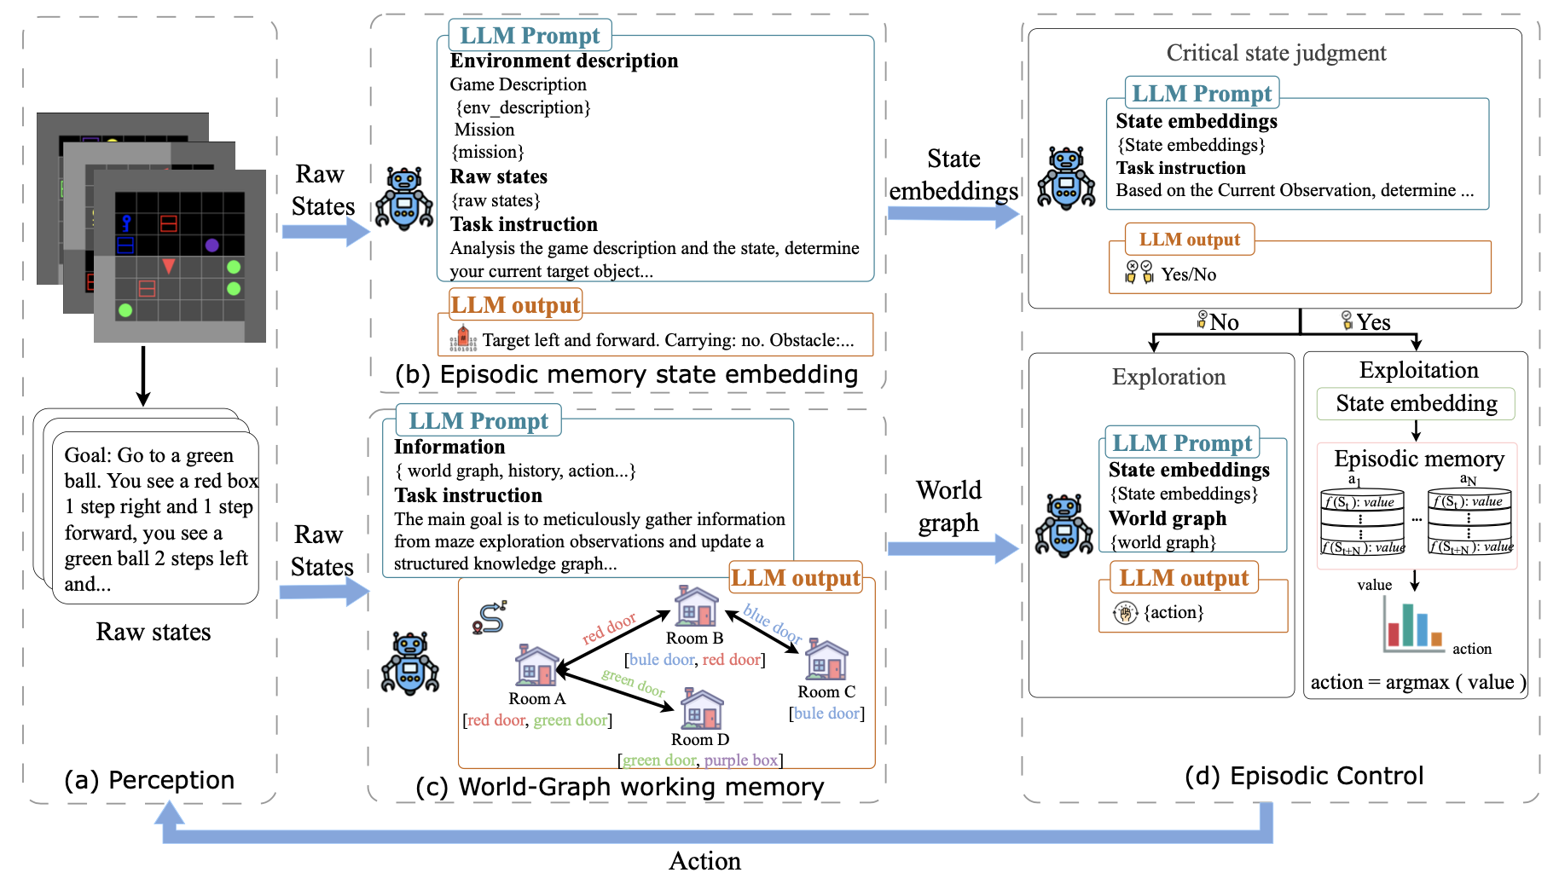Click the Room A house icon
537,665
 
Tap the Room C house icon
826,659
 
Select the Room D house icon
701,709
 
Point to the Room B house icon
696,606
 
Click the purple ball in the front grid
212,246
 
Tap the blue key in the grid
126,223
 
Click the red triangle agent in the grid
169,266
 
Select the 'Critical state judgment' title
1276,53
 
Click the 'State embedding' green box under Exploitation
1416,403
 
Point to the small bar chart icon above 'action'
1412,625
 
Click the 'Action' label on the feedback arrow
704,861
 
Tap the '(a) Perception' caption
149,780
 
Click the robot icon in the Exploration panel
1063,526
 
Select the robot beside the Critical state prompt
1066,178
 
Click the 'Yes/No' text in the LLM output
1189,275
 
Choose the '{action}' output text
1174,612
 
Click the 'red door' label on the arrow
609,628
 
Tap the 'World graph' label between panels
948,506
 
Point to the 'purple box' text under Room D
741,760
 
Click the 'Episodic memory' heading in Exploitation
1419,459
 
